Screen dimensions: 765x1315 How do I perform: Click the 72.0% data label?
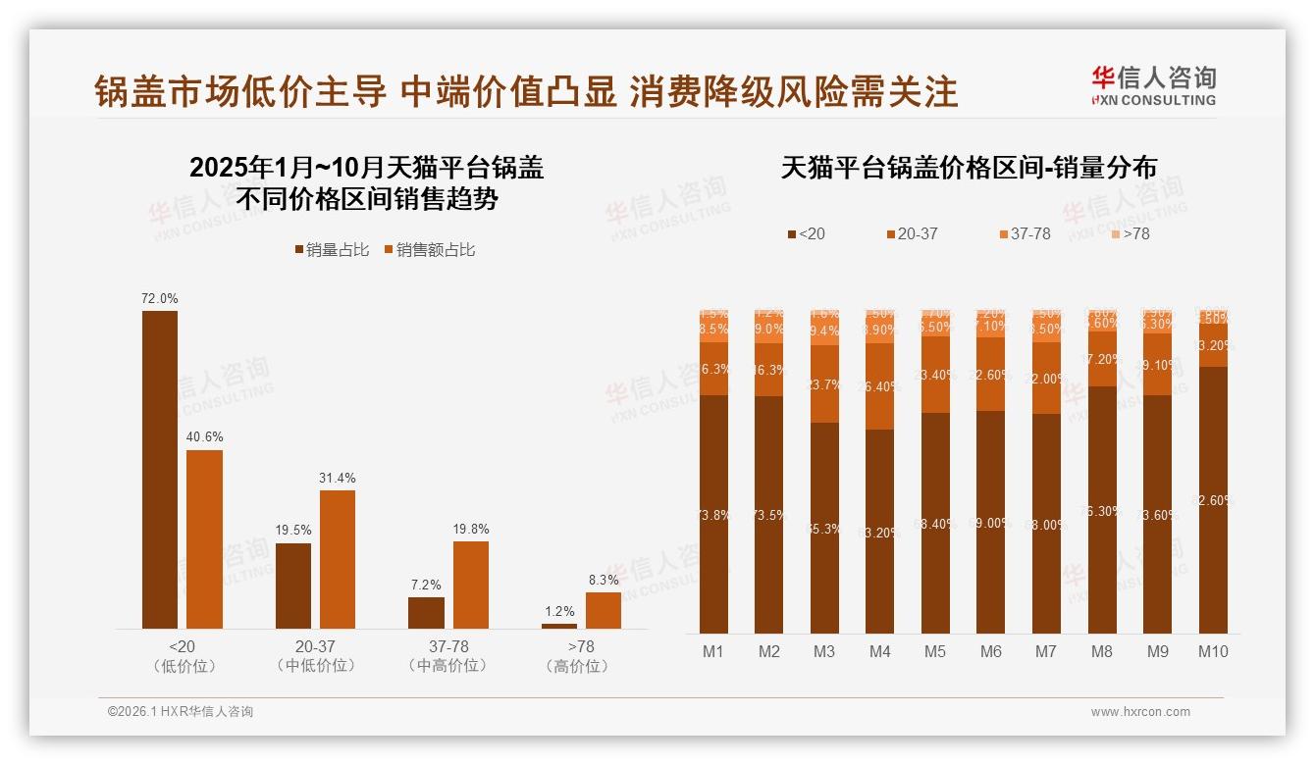[160, 298]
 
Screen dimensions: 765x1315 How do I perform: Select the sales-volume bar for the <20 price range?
[160, 470]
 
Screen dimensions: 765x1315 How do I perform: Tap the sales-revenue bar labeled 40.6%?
[204, 539]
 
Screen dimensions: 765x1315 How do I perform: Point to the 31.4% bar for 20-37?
[338, 559]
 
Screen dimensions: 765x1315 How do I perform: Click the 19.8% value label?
[471, 529]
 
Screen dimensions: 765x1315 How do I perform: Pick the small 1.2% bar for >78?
[559, 626]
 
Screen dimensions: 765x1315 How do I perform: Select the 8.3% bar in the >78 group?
[604, 610]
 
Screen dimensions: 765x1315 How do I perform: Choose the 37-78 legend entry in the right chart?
[1025, 234]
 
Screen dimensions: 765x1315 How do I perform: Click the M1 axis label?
[713, 651]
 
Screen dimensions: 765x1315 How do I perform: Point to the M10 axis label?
[1213, 651]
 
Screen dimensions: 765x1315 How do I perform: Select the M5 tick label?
[935, 651]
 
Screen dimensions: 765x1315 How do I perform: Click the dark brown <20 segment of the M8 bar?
[1102, 510]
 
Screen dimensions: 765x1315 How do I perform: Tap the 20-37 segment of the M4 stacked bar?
[880, 386]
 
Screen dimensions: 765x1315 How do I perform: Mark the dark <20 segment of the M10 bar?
[1213, 500]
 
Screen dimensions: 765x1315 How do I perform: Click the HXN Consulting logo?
[1153, 86]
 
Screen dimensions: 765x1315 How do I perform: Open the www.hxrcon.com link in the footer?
[1140, 712]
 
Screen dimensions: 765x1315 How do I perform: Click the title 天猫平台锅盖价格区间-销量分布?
[969, 168]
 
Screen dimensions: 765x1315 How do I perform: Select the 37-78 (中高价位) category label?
[448, 656]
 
